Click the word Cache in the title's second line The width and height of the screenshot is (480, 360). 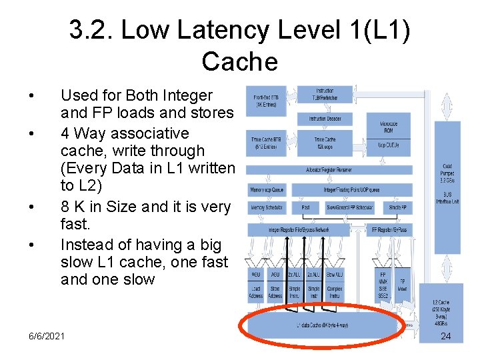(x=239, y=62)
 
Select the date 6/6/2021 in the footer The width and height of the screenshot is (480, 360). (x=47, y=335)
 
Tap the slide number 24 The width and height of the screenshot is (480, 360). (x=446, y=336)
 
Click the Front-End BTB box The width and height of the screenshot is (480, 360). (x=266, y=101)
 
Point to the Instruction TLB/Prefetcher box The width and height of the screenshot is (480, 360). (x=325, y=95)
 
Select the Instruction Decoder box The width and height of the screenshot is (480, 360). (x=325, y=119)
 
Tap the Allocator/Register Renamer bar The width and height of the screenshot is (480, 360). (x=329, y=170)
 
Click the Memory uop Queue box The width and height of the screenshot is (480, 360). (x=267, y=190)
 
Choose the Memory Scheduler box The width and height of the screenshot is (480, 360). (x=267, y=208)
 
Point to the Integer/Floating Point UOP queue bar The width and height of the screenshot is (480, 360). (x=353, y=190)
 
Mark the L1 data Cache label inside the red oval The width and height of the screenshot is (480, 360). (x=323, y=325)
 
